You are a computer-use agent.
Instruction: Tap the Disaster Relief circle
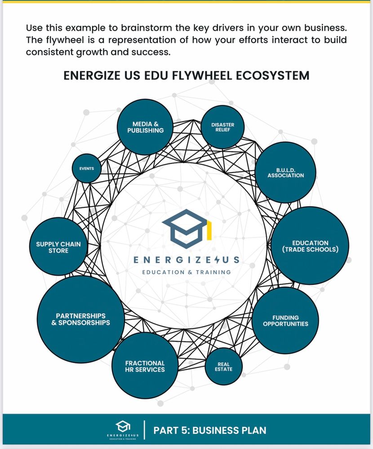tap(222, 127)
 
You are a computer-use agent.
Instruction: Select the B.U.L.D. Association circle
tap(286, 173)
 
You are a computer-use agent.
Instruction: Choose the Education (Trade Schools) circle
tap(310, 245)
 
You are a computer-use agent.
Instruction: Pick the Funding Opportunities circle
tap(285, 320)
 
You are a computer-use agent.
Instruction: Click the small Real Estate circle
tap(223, 366)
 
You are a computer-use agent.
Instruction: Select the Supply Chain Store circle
tap(58, 247)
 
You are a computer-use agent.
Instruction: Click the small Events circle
tap(87, 169)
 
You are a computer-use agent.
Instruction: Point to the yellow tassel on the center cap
tap(209, 230)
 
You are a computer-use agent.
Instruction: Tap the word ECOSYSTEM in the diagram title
tap(274, 75)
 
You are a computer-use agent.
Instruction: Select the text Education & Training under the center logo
tap(186, 272)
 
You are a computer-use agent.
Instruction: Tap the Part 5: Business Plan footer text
tap(210, 430)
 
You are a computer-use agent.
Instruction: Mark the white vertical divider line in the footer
tap(144, 430)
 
